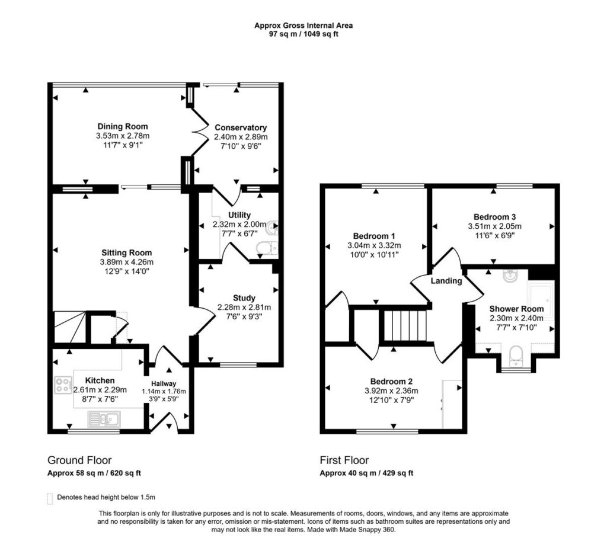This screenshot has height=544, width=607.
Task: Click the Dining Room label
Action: point(123,126)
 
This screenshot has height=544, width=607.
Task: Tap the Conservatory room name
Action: point(241,127)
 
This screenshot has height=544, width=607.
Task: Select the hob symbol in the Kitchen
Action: point(63,385)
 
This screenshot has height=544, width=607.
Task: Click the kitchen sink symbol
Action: point(104,420)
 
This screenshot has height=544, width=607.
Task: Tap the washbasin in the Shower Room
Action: point(509,276)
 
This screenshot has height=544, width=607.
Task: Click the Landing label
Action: point(446,281)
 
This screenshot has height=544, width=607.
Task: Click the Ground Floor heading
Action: point(79,460)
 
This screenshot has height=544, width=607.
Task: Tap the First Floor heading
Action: point(344,460)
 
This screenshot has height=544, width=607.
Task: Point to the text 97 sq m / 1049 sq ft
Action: point(303,34)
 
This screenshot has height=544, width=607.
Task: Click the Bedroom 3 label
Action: point(494,216)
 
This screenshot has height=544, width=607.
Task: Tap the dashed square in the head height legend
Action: point(50,498)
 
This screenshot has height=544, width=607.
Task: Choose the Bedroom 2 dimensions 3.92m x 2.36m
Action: point(391,391)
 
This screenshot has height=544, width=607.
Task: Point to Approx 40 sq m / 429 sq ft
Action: point(366,473)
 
